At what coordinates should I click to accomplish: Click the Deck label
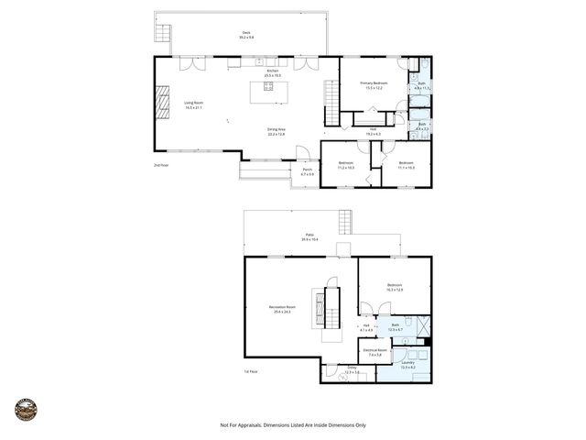point(246,34)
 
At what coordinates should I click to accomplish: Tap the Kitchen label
point(272,72)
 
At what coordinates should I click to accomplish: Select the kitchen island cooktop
point(269,87)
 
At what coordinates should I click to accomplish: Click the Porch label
point(307,171)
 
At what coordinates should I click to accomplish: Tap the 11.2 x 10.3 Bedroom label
point(346,165)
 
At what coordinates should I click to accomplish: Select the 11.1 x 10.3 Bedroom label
point(407,165)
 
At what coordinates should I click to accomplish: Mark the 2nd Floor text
point(161,165)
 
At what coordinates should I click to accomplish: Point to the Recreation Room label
point(281,308)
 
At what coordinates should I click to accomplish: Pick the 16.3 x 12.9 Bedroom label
point(395,287)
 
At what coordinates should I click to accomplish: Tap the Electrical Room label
point(376,352)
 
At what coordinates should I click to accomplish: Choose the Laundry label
point(407,364)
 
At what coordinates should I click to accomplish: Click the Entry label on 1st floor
point(351,369)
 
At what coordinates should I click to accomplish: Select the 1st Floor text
point(251,371)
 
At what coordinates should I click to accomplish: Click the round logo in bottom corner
point(26,410)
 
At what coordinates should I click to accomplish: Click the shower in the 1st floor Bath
point(422,325)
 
